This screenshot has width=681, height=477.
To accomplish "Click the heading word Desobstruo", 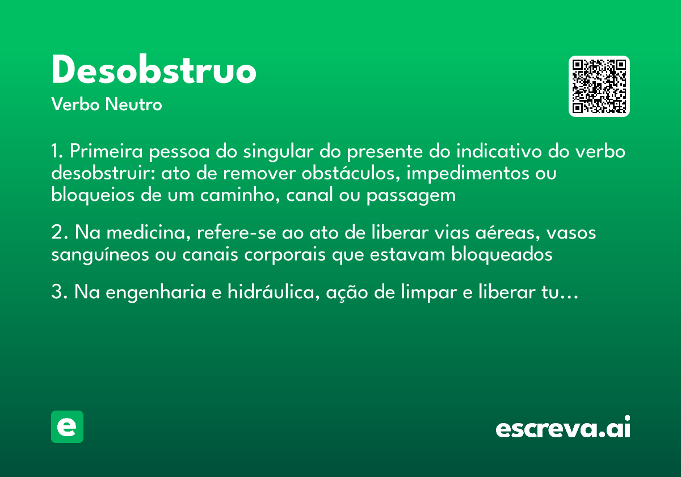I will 154,72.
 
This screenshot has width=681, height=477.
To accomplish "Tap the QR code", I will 599,86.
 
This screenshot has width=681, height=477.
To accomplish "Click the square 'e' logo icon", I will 67,426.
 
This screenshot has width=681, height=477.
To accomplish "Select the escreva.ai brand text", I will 563,428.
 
